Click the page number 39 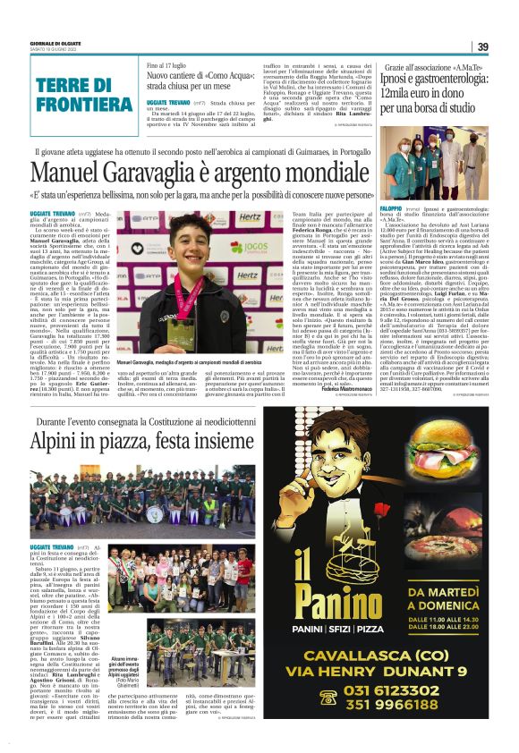[x=482, y=47]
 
